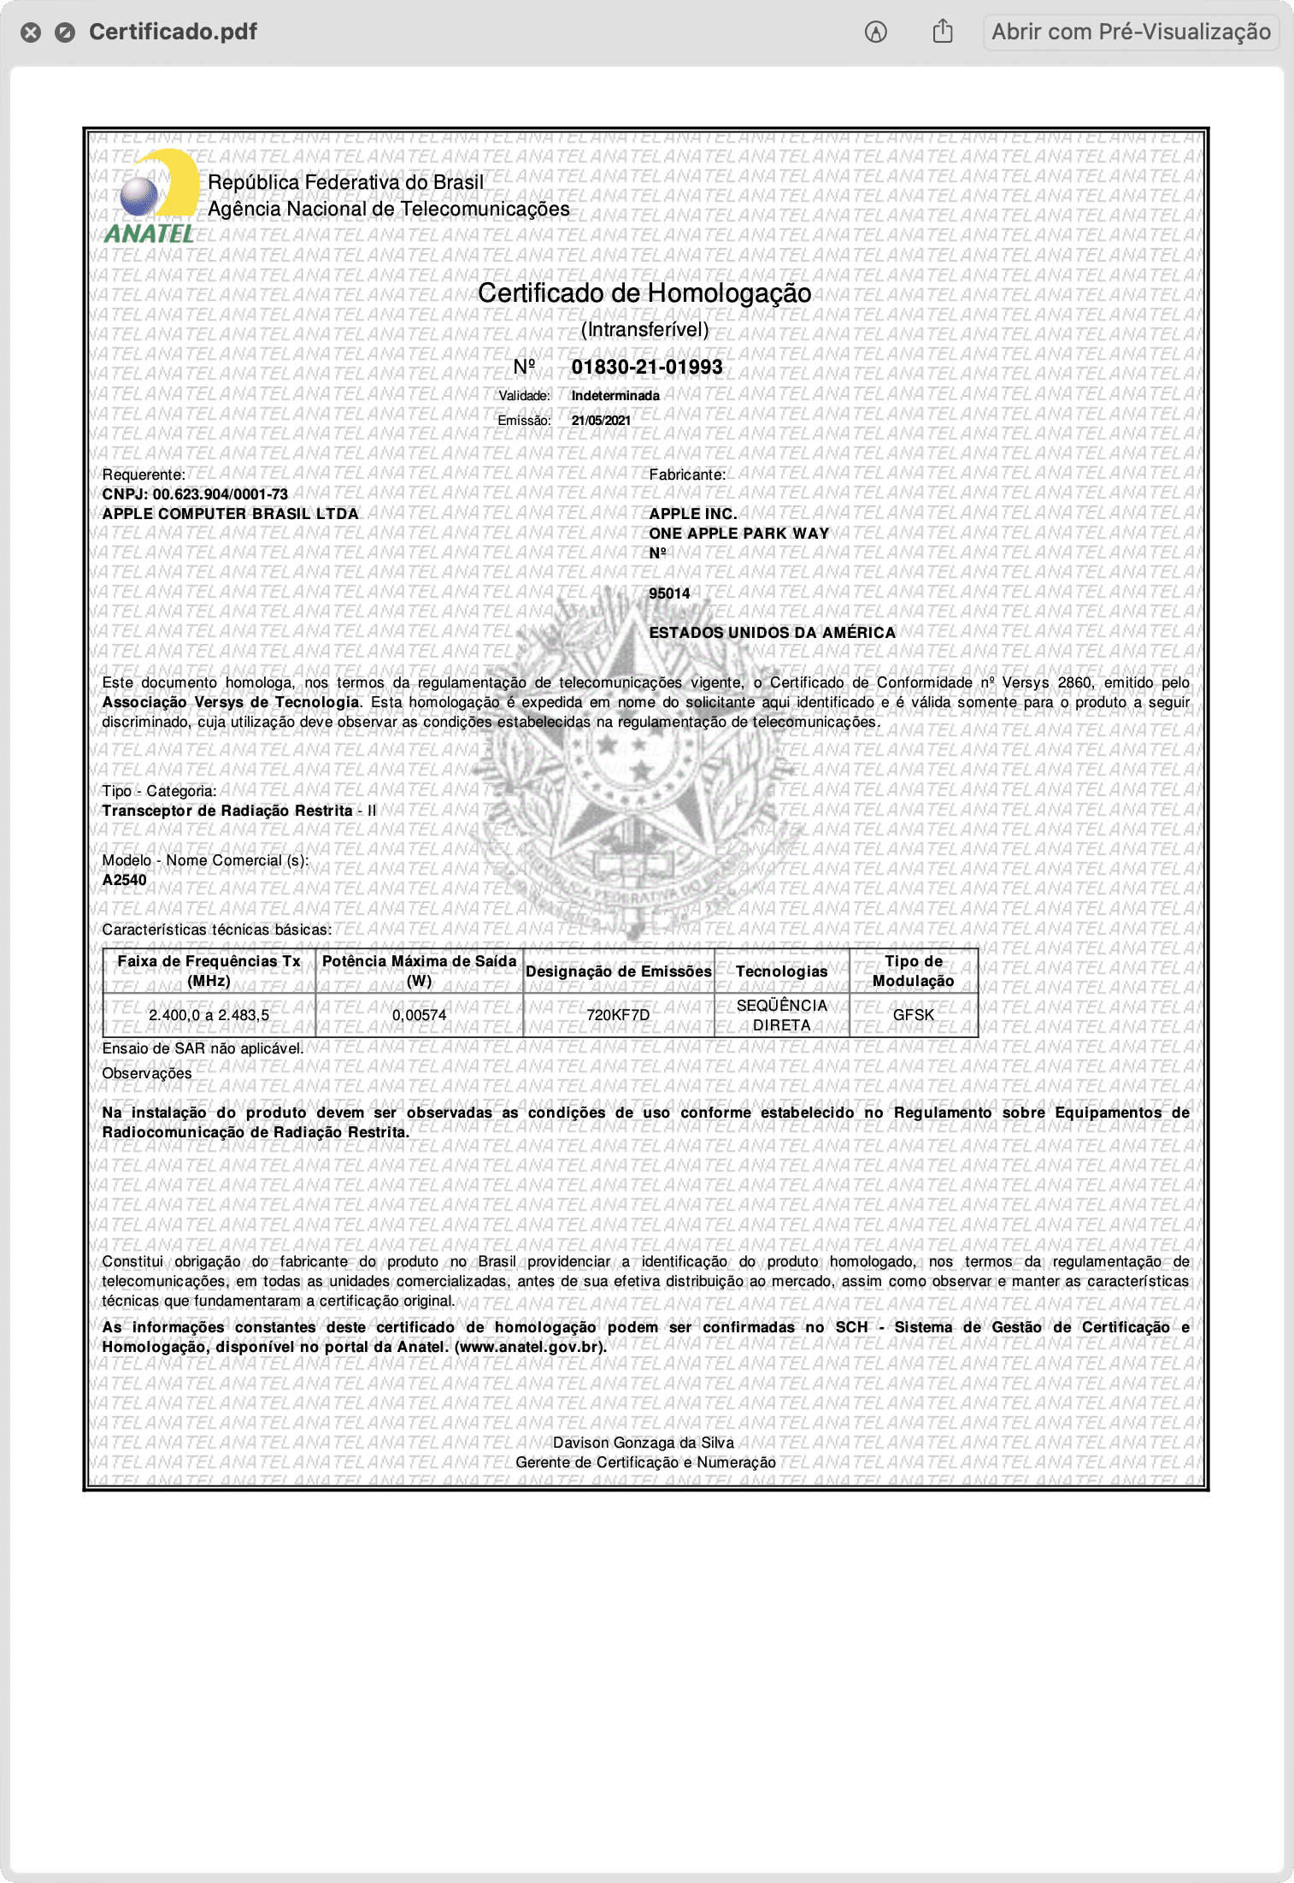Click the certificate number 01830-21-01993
click(x=647, y=367)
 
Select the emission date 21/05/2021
click(x=601, y=421)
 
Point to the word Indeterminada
click(x=615, y=396)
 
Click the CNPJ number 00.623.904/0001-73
click(x=221, y=494)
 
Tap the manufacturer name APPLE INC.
click(x=693, y=514)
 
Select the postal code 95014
click(x=669, y=593)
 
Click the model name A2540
click(x=125, y=880)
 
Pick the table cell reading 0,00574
click(x=419, y=1015)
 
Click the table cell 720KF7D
click(x=618, y=1015)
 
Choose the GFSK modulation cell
click(x=913, y=1015)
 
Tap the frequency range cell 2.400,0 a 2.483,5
click(x=209, y=1015)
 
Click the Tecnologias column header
click(x=781, y=971)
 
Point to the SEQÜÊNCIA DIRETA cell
click(x=781, y=1015)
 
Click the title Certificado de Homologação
click(x=644, y=293)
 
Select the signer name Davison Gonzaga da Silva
click(x=643, y=1443)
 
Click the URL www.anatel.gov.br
click(x=531, y=1347)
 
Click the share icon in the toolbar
click(x=943, y=32)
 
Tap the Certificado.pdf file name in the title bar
click(x=173, y=32)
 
